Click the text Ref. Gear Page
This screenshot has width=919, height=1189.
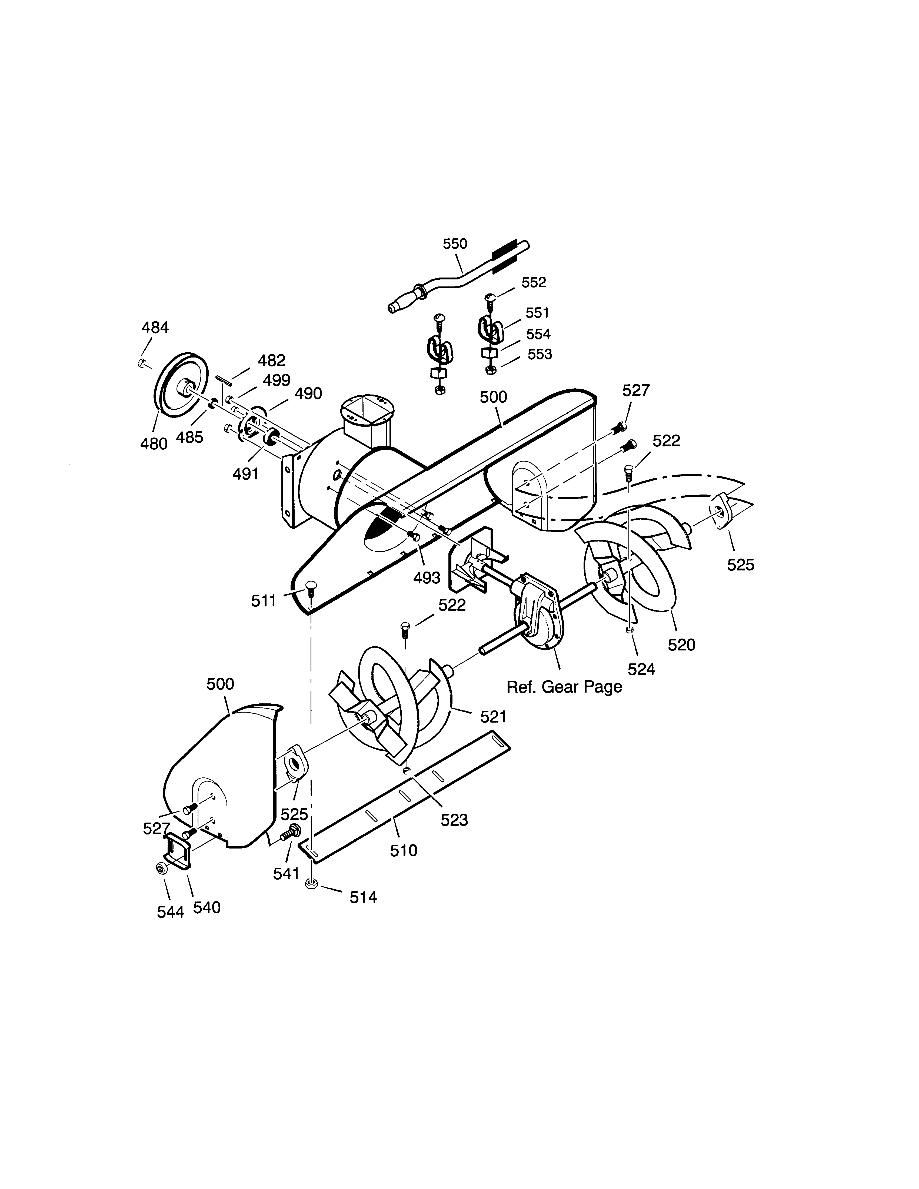[564, 687]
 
